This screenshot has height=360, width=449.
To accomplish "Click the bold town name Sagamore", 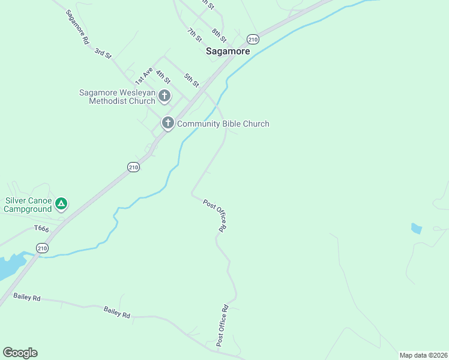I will tap(228, 51).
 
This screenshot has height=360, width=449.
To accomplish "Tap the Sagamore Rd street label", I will tap(77, 27).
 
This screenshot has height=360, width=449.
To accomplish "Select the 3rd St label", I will tap(103, 53).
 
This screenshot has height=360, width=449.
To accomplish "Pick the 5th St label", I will tap(191, 80).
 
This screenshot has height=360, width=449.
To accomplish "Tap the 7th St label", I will tap(194, 35).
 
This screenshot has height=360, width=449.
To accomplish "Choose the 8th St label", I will tap(219, 35).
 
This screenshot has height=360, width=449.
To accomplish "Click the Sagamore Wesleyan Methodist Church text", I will tap(117, 97).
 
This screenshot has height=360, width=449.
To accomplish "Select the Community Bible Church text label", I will tap(223, 124).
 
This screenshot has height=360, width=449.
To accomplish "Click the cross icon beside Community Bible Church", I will tap(167, 124).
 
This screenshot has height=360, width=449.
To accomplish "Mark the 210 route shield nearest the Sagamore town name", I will tap(253, 40).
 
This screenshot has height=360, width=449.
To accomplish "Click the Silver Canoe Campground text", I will tap(28, 205).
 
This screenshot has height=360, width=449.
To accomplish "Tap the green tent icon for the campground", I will tap(61, 204).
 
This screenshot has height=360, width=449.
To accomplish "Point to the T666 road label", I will tap(41, 228).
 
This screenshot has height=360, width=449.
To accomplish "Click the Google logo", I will tap(20, 353).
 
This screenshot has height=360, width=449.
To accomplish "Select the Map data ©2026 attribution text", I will tap(423, 355).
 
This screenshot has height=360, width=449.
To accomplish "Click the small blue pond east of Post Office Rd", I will tap(416, 229).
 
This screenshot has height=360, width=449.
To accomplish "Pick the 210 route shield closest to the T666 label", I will tap(42, 248).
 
